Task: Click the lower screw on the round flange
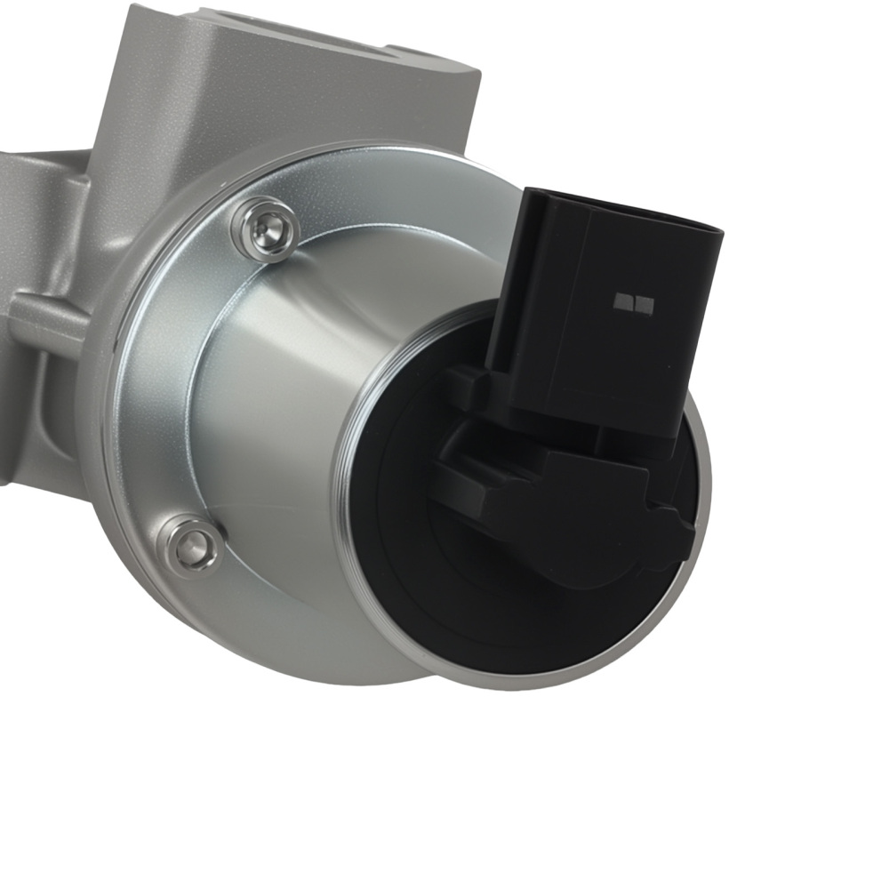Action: click(x=189, y=545)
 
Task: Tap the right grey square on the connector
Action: click(x=645, y=305)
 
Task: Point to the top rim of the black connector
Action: click(x=622, y=209)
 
